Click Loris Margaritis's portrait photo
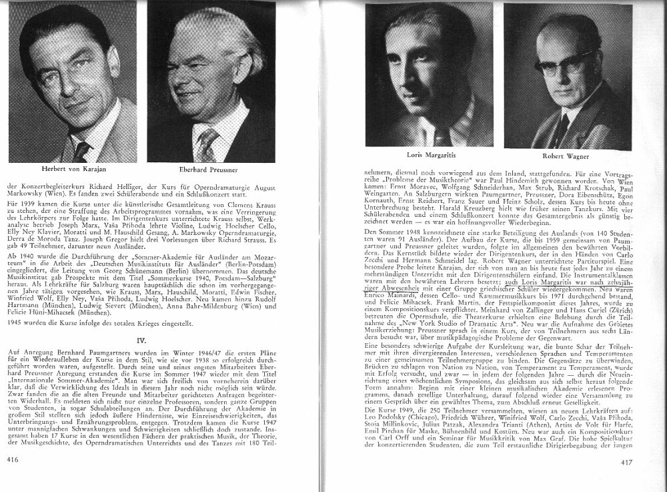point(428,73)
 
